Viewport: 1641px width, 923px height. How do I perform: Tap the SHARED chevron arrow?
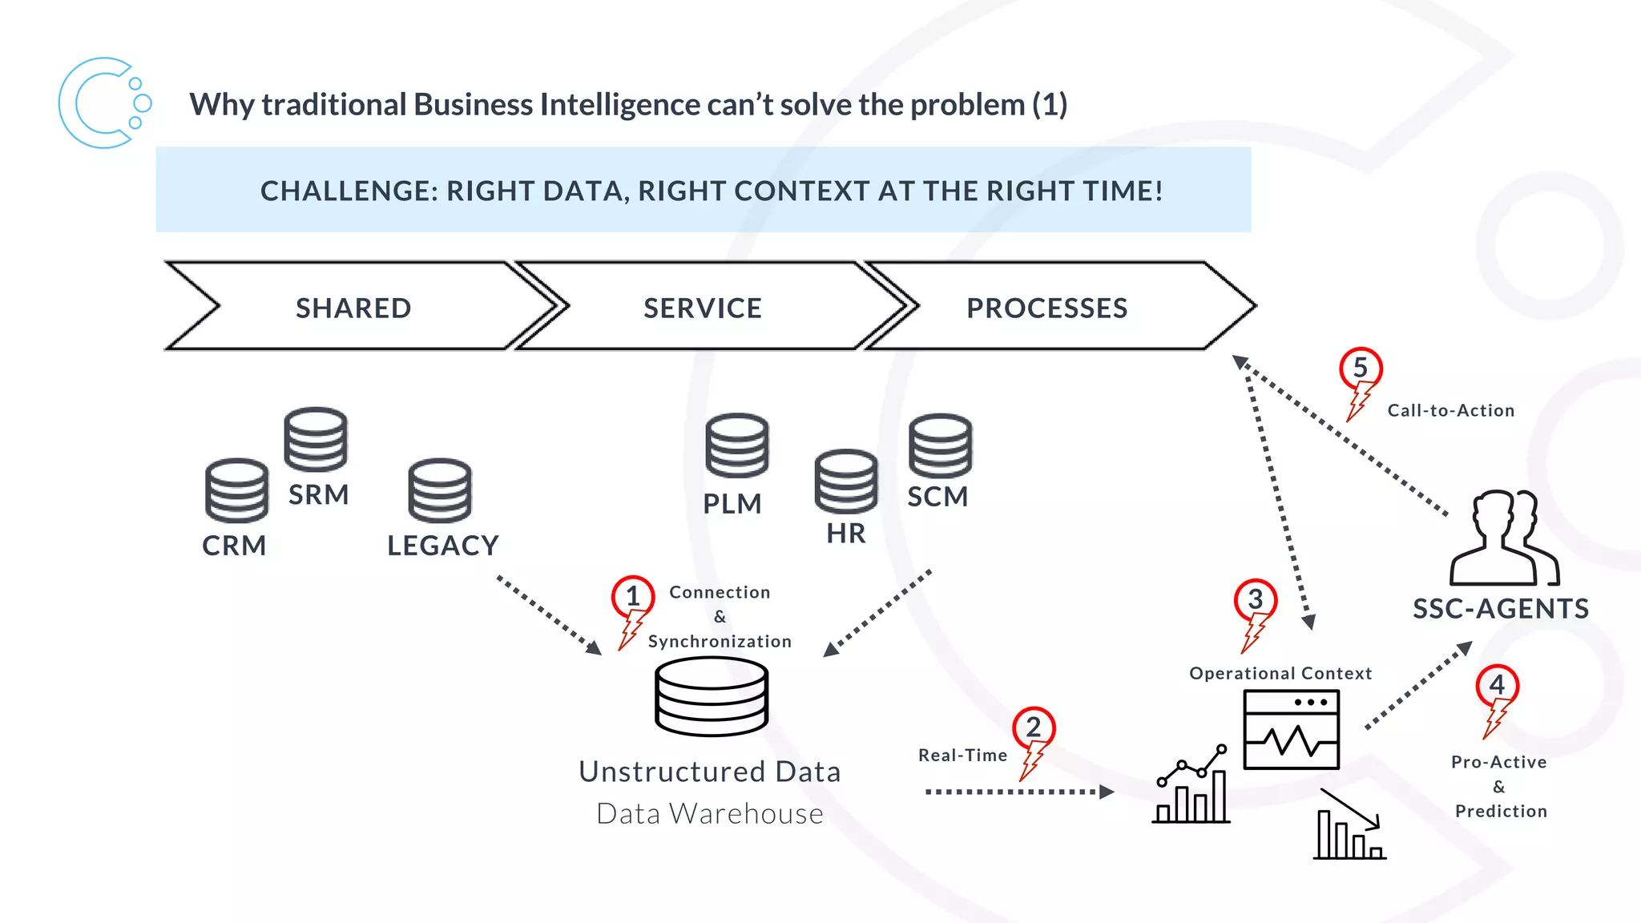pos(353,308)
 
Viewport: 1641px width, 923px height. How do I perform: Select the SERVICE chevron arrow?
pos(703,308)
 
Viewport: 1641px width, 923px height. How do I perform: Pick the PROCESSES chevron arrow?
pos(1046,308)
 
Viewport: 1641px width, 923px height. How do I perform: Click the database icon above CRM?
pos(236,490)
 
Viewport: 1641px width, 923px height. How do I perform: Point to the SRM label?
pos(318,495)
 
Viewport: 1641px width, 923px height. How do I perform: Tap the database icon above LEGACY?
pos(440,490)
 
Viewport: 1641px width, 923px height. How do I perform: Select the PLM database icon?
pos(736,445)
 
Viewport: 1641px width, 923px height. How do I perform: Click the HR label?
pos(846,534)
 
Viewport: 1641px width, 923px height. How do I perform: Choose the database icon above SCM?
pos(940,445)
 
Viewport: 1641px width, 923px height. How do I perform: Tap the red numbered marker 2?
pos(1034,728)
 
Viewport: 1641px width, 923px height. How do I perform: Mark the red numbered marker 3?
pos(1255,599)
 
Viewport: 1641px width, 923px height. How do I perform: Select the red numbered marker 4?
pos(1497,686)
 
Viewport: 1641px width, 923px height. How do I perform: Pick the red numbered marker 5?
pos(1361,369)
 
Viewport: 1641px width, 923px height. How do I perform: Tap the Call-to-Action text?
pos(1450,410)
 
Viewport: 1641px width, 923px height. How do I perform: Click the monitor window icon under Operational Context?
pos(1291,730)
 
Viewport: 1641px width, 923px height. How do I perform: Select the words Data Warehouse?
pos(710,814)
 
